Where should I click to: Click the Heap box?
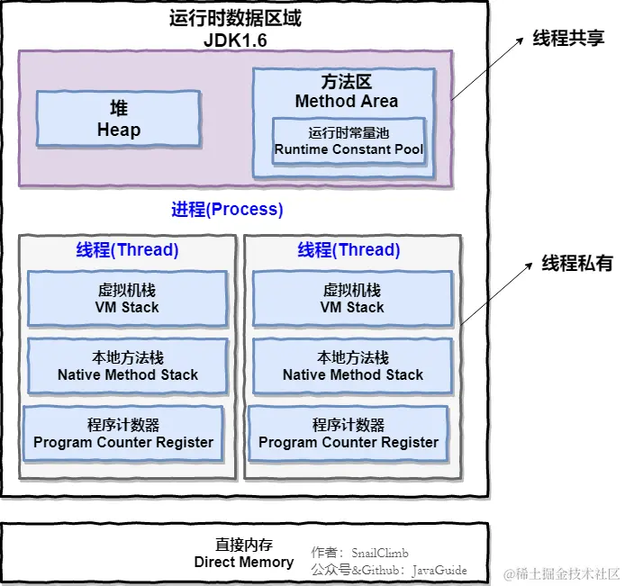[118, 119]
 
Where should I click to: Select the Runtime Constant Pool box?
[349, 141]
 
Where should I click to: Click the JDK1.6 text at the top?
[235, 41]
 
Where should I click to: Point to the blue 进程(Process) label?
[227, 210]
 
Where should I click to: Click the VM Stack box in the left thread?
[127, 299]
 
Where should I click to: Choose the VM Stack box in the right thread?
[352, 299]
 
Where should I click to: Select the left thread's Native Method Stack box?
[127, 366]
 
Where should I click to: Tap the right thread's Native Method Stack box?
[352, 366]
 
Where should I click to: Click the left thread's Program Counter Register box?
[123, 434]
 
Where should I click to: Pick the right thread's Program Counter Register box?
[349, 434]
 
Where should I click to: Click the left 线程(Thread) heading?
[127, 249]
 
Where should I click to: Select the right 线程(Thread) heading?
[349, 249]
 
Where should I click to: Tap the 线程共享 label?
[567, 39]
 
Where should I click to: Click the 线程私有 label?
[576, 264]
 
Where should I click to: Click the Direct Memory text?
[244, 562]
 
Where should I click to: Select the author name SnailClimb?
[385, 552]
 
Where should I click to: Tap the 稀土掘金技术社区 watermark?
[561, 573]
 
